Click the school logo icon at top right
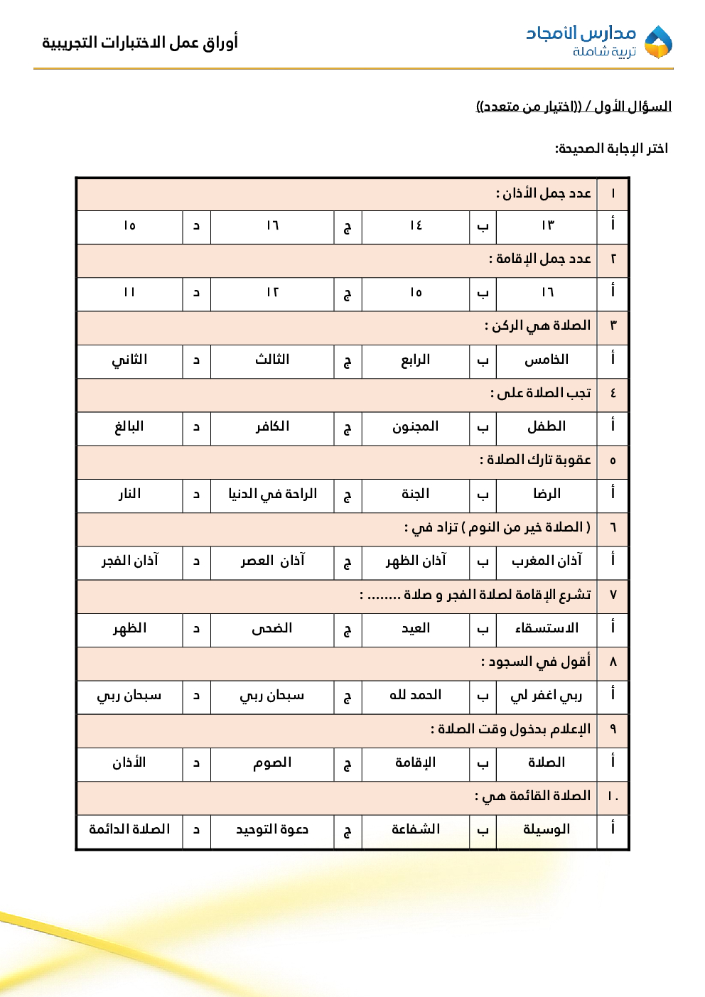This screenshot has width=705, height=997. point(658,42)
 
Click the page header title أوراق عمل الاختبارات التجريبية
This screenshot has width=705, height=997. point(140,43)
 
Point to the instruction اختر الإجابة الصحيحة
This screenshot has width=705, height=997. point(611,149)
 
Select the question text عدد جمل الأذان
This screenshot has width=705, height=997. point(544,193)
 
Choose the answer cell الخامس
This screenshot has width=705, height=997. point(547,360)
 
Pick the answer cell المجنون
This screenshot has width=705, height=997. point(415,427)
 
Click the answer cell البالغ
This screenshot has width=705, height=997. point(129,427)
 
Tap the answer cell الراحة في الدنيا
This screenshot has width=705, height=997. point(272,494)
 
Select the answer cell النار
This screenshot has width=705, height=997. point(129,494)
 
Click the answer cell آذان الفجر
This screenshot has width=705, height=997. point(129,561)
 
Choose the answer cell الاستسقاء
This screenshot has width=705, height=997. point(547,628)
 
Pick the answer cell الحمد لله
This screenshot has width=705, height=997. point(415,695)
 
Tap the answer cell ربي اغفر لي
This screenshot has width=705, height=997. point(547,695)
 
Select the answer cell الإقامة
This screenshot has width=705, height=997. point(415,762)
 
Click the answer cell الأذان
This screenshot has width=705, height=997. point(129,762)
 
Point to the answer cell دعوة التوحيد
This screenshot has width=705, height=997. point(272,829)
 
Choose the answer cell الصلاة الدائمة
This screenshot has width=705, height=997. point(129,829)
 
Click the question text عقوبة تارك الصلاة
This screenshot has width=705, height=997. point(535,460)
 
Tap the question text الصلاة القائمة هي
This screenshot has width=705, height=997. point(533,796)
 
